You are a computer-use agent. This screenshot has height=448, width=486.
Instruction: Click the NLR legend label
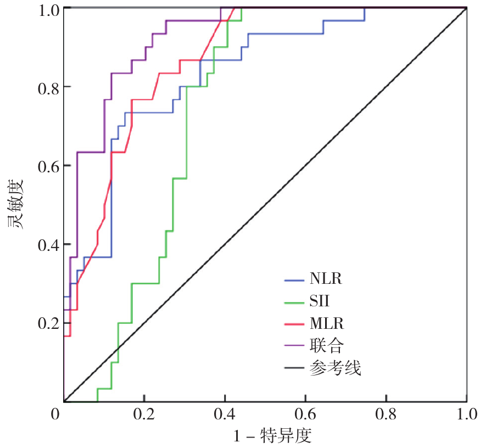coord(325,279)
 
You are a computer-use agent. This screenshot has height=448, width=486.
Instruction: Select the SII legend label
coord(320,300)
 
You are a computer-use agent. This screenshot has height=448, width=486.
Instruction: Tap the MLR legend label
coord(326,323)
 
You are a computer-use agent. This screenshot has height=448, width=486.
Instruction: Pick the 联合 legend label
coord(326,345)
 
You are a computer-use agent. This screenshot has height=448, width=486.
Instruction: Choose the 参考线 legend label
coord(335,368)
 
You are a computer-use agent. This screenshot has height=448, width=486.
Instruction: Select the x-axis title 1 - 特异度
coord(272,436)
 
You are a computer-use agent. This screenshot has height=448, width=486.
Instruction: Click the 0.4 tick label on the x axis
coord(225,413)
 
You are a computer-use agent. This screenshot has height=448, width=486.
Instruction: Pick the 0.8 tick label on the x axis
coord(386,413)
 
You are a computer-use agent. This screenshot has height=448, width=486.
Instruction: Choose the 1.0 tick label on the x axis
coord(466,413)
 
